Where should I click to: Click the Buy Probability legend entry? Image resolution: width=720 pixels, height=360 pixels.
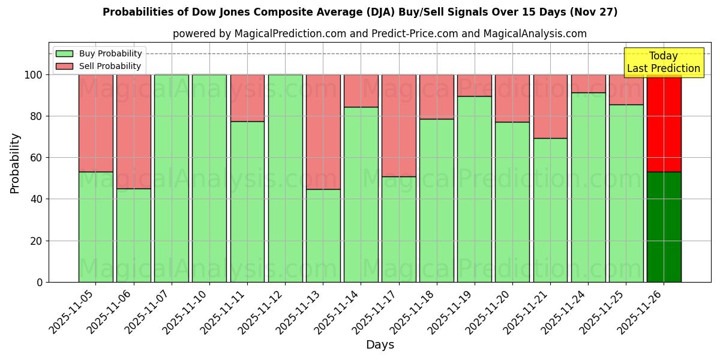coord(99,53)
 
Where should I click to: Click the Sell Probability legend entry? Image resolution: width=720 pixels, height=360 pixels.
coord(99,66)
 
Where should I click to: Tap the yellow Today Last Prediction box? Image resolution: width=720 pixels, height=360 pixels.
coord(663,62)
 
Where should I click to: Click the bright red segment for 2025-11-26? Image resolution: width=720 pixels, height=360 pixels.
coord(664,123)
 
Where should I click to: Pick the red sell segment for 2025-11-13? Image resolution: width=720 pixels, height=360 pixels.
coord(323,132)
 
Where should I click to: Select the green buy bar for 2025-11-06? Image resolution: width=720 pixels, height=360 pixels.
coord(133,235)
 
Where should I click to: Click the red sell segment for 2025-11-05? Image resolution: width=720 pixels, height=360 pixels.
coord(95,123)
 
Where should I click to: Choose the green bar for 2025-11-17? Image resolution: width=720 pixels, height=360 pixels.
coord(398,229)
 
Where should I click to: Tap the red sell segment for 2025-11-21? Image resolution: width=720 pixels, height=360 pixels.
coord(550,106)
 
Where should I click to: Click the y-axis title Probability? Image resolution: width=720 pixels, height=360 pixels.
coord(15,163)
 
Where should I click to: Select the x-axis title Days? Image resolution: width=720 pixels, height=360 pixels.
coord(380,345)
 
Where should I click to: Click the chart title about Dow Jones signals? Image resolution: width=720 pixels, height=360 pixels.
coord(360,12)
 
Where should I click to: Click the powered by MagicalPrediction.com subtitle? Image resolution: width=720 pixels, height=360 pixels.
coord(380,34)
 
